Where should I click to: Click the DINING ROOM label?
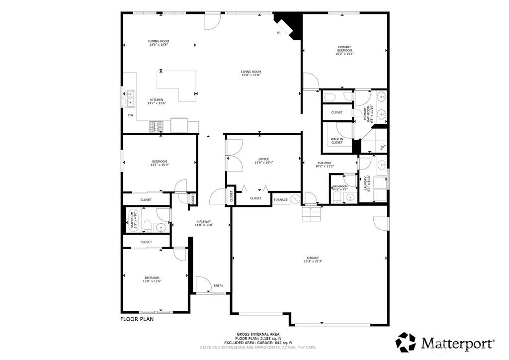[x=159, y=41]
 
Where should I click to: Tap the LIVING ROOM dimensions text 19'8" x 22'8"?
[x=251, y=75]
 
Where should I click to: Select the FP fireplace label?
[x=278, y=33]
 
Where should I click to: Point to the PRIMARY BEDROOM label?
[x=344, y=49]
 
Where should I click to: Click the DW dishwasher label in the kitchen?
[x=131, y=115]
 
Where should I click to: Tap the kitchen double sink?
[x=130, y=98]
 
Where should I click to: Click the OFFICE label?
[x=263, y=159]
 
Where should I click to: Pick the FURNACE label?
[x=280, y=199]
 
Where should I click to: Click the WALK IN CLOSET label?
[x=337, y=141]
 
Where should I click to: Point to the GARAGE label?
[x=313, y=258]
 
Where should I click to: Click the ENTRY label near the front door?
[x=218, y=285]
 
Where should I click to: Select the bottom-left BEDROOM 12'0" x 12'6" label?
[x=152, y=277]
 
